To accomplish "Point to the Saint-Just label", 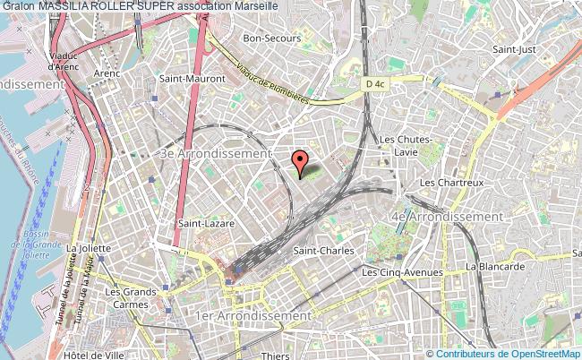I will pyautogui.click(x=516, y=50).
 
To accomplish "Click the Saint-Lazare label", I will pyautogui.click(x=201, y=223).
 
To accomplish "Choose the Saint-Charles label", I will pyautogui.click(x=324, y=251).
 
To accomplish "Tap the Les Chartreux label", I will pyautogui.click(x=452, y=183).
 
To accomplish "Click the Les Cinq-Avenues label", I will pyautogui.click(x=402, y=272).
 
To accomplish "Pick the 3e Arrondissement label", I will pyautogui.click(x=215, y=153).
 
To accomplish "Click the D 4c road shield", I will pyautogui.click(x=374, y=83).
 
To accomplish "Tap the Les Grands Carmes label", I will pyautogui.click(x=125, y=297).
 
